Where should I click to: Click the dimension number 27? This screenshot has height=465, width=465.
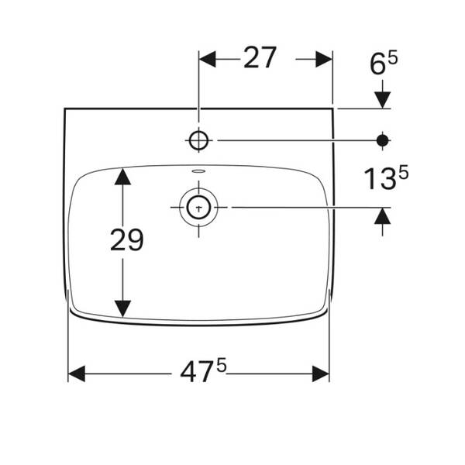coord(260,58)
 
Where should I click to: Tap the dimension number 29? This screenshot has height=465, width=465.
coord(126,239)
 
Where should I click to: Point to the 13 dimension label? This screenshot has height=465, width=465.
coord(381,179)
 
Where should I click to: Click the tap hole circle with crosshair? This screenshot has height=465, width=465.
coord(198,140)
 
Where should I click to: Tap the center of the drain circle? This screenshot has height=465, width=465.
coord(198,207)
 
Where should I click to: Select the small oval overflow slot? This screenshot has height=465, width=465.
coord(198,171)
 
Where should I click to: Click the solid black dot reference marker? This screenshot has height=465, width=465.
coord(382,140)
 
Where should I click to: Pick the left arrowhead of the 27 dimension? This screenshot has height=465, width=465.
coord(207,59)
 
